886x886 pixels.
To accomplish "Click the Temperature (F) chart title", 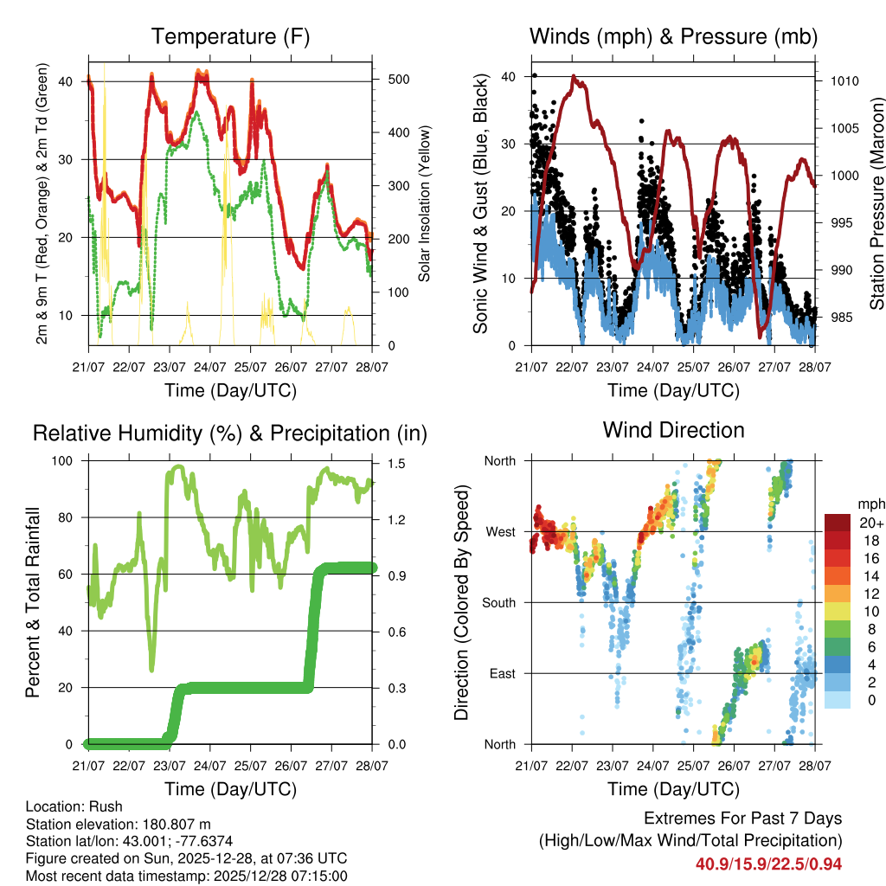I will (230, 37).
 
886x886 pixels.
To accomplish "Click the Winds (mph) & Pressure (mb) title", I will (673, 37).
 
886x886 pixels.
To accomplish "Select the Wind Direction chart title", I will (673, 430).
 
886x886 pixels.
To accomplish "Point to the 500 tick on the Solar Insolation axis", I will (398, 79).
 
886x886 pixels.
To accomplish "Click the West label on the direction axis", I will (499, 531).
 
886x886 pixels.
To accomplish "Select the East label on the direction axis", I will (500, 673).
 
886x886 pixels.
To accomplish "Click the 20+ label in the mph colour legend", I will (871, 523).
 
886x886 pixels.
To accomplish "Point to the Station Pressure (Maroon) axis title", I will (876, 204).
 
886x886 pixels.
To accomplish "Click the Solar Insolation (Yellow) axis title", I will (425, 204).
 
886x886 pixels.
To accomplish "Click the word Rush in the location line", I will (106, 806).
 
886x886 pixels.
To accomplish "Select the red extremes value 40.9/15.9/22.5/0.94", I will (768, 864).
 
